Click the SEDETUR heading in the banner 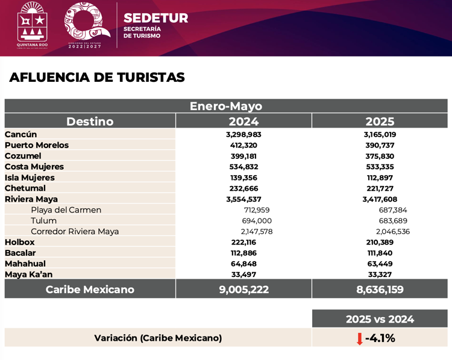[155, 18]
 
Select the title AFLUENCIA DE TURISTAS [97, 78]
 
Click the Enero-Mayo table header [226, 106]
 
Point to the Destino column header [90, 121]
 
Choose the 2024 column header [243, 121]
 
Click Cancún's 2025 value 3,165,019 [380, 135]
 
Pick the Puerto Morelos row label [37, 145]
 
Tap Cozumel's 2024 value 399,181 [243, 156]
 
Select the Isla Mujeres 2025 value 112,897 [380, 178]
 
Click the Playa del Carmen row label [66, 210]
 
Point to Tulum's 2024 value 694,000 [257, 221]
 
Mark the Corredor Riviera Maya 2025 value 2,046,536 [392, 231]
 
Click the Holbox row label [20, 242]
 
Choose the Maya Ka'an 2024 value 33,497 [243, 275]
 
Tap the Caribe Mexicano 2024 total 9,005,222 [243, 290]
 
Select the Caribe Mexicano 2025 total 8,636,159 [380, 290]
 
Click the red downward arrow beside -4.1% [360, 338]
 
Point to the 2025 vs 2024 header [380, 319]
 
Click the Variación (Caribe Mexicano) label [158, 338]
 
